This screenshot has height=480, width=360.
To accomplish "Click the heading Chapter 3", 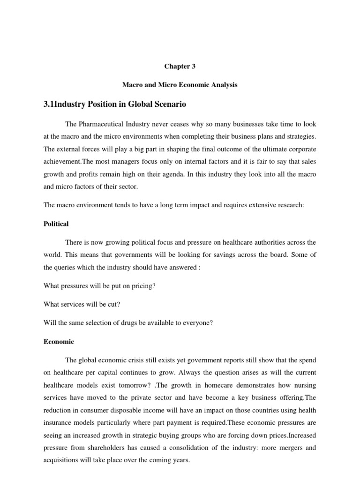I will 180,67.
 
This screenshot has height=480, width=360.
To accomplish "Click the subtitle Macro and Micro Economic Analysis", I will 180,85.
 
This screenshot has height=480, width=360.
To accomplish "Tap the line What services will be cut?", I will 82,304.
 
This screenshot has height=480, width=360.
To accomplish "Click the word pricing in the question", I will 142,286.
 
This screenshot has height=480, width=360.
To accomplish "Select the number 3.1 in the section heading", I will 49,104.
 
